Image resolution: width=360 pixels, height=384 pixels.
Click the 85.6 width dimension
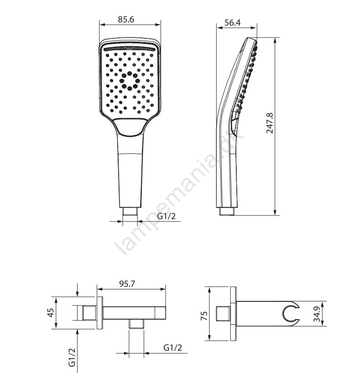126,19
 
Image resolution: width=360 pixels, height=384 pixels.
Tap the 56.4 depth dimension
233,22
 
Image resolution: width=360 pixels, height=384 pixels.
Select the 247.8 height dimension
270,123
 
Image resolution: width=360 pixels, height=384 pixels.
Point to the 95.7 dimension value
127,284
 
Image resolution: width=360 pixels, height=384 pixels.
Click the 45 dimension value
51,313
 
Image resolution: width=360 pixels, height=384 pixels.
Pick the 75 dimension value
204,316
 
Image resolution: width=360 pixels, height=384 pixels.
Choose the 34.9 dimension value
317,314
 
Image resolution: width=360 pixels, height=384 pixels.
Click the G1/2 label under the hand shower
167,216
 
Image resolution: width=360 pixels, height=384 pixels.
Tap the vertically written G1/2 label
72,358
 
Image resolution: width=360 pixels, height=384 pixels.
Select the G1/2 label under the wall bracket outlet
173,347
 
